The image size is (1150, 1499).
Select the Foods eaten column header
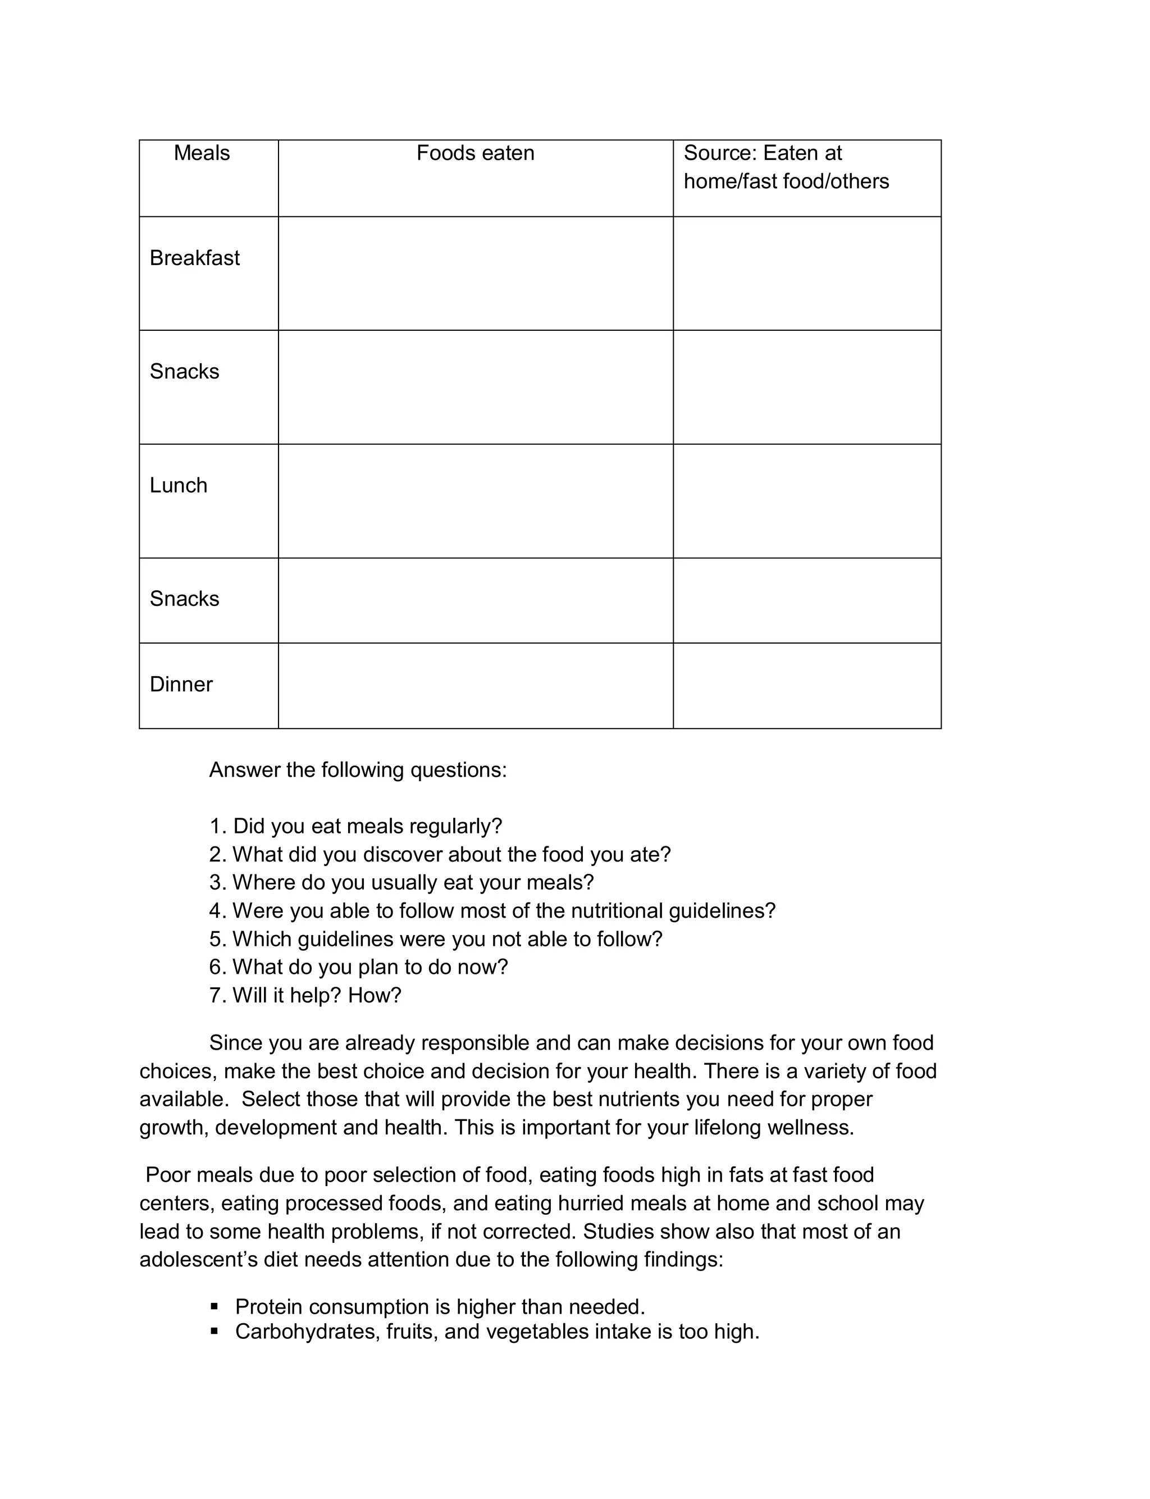coord(475,153)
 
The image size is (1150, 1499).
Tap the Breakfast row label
coord(194,258)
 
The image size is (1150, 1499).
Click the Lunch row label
coord(178,485)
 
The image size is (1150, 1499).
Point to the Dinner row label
coord(181,685)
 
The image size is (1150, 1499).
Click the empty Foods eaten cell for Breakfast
coord(475,274)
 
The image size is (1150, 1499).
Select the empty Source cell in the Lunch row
coord(806,501)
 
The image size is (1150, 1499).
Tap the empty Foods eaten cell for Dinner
coord(475,686)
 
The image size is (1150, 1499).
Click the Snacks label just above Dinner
coord(184,599)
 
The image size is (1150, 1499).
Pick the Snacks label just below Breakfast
coord(184,372)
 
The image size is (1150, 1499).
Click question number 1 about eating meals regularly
coord(356,826)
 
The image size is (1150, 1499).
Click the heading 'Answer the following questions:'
coord(358,770)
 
